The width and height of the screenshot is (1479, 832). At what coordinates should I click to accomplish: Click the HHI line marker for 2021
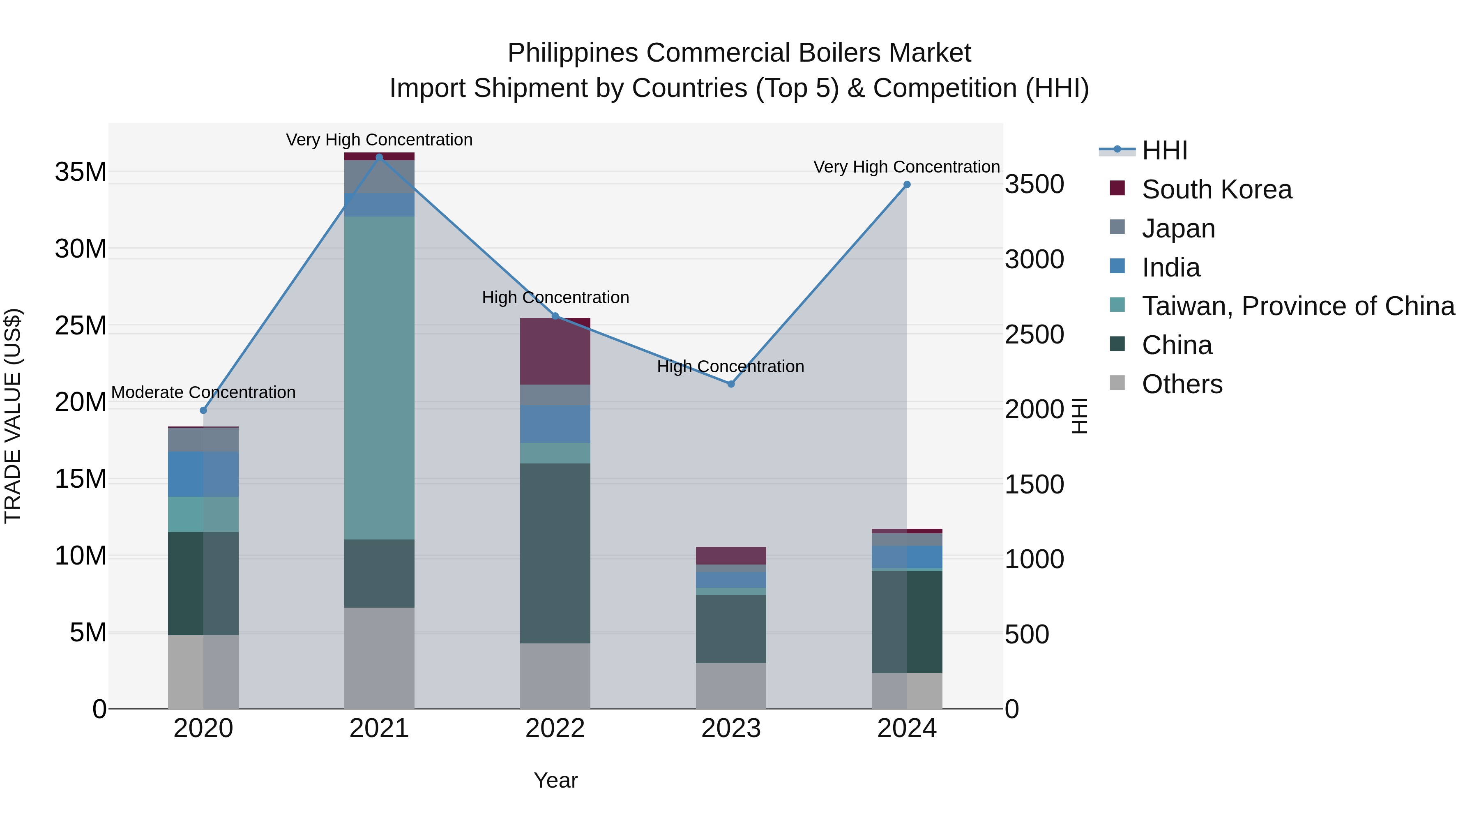pos(379,157)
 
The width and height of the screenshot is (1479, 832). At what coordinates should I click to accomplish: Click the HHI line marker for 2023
pos(731,384)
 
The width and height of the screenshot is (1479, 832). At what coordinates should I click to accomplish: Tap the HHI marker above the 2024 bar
pos(907,184)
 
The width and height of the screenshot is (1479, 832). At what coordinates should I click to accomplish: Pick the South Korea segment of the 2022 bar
pos(555,351)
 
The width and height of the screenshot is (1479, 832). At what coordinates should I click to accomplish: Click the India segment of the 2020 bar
pos(203,474)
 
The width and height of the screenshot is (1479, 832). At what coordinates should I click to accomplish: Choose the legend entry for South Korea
pos(1216,189)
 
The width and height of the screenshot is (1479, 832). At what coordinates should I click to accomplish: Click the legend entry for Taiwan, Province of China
pos(1297,306)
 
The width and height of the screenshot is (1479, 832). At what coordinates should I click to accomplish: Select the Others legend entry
pos(1182,384)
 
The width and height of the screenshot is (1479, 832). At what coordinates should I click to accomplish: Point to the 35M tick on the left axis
pos(81,172)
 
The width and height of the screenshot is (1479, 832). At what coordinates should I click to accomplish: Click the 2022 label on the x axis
pos(555,728)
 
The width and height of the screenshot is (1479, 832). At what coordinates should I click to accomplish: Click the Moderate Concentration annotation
pos(203,392)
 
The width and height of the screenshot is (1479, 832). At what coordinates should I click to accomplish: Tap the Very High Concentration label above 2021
pos(379,140)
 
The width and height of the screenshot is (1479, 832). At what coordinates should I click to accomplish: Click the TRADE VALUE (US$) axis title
pos(13,416)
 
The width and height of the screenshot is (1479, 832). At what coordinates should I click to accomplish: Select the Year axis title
pos(555,780)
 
